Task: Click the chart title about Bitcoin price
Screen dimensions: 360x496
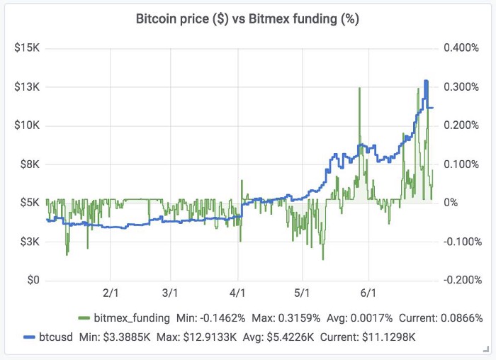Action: (x=247, y=19)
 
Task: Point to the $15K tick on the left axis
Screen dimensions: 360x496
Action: (x=26, y=48)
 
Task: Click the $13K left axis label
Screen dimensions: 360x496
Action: (x=26, y=87)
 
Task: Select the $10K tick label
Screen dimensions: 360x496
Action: (x=26, y=125)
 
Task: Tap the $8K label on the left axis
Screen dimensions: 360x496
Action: (x=28, y=164)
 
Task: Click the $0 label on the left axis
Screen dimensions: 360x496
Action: (x=33, y=280)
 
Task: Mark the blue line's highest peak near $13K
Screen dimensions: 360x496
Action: (x=426, y=81)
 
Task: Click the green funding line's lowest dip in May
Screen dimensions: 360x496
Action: (x=322, y=259)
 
